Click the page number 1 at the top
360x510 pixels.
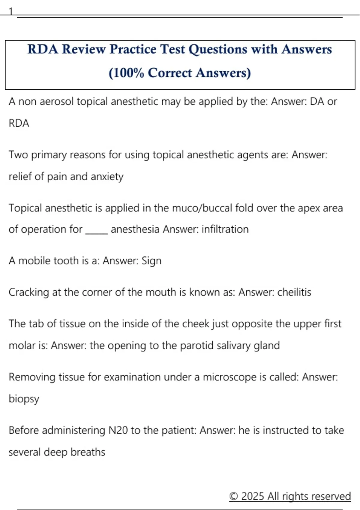pyautogui.click(x=11, y=11)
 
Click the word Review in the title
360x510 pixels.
pyautogui.click(x=84, y=49)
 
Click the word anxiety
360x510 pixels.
pyautogui.click(x=107, y=177)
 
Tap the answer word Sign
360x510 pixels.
pyautogui.click(x=151, y=261)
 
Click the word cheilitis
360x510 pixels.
pyautogui.click(x=294, y=292)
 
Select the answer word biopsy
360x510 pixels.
pyautogui.click(x=24, y=399)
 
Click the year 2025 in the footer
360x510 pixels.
pyautogui.click(x=253, y=496)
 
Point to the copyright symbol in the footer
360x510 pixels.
pyautogui.click(x=234, y=496)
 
